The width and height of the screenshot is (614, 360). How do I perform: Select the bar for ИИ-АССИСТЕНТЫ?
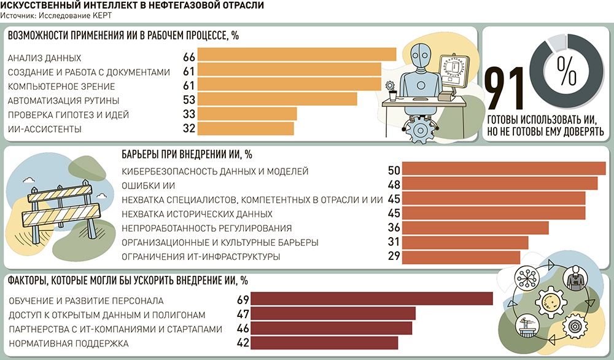pyautogui.click(x=246, y=128)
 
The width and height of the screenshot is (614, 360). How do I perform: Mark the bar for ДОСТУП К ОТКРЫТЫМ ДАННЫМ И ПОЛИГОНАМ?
pyautogui.click(x=334, y=314)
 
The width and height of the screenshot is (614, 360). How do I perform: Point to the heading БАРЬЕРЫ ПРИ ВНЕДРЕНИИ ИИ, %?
pyautogui.click(x=187, y=154)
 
